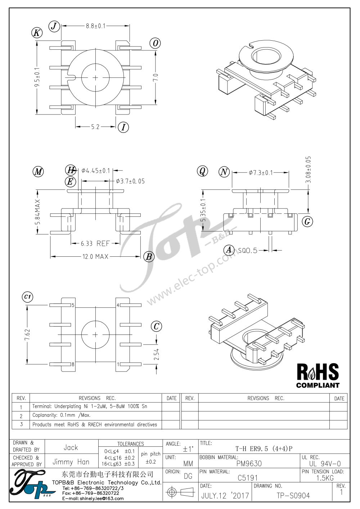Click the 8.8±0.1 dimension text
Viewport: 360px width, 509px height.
[96, 26]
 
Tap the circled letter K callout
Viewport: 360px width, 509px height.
[37, 33]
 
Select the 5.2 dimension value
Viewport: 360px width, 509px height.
[95, 127]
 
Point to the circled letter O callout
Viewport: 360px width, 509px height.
[155, 43]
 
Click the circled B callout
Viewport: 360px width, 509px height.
[149, 257]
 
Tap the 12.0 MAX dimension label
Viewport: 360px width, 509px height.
[95, 257]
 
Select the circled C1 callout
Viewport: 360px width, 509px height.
[27, 297]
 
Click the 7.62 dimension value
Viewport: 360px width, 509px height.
[27, 334]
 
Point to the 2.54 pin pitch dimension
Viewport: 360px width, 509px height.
[156, 354]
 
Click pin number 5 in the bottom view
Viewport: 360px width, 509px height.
[73, 305]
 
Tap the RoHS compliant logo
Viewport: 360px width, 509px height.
[318, 375]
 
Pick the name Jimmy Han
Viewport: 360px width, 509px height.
[71, 462]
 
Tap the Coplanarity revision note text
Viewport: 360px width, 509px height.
[61, 415]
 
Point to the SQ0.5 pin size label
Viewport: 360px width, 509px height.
[248, 251]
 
